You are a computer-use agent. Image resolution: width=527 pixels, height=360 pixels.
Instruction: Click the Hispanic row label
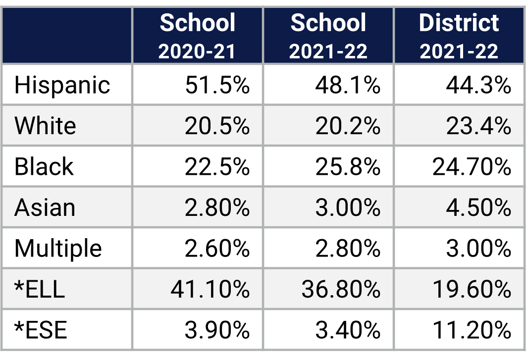[x=62, y=85]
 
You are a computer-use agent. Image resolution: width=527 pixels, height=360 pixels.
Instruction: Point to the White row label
[x=45, y=126]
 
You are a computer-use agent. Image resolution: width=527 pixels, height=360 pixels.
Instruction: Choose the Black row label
[x=44, y=167]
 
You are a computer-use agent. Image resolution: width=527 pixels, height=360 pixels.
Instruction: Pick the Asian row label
[x=45, y=207]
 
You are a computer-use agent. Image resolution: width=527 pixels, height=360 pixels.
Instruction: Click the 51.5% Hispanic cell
[x=217, y=85]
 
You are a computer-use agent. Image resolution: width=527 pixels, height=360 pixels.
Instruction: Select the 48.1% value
[x=348, y=85]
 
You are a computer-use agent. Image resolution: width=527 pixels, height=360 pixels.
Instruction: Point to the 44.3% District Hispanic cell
[x=478, y=85]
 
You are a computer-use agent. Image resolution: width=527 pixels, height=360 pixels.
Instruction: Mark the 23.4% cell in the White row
[x=478, y=126]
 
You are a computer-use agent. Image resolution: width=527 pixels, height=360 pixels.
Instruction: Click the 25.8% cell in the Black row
[x=348, y=167]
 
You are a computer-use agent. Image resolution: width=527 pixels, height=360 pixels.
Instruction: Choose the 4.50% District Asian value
[x=478, y=207]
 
